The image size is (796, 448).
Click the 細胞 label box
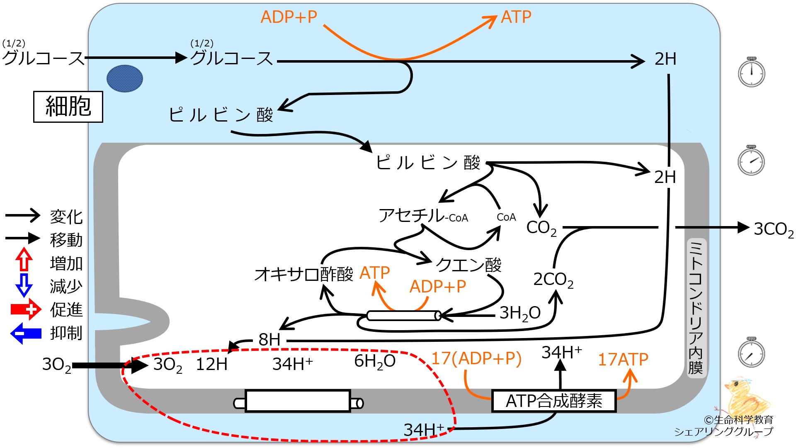tap(68, 107)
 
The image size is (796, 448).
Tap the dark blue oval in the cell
tap(125, 78)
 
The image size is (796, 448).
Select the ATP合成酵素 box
tap(554, 401)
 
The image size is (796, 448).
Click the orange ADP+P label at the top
tap(289, 17)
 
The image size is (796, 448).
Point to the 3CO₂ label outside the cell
tap(774, 229)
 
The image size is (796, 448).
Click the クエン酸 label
tap(468, 265)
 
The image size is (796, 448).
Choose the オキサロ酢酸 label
tap(304, 274)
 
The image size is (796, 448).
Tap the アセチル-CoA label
tap(423, 216)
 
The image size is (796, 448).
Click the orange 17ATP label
tap(623, 359)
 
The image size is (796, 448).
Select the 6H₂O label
tap(375, 361)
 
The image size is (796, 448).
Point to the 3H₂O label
tap(520, 313)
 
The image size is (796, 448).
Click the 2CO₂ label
tap(553, 280)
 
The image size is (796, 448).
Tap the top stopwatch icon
tap(751, 72)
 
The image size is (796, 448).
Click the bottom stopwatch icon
tap(751, 352)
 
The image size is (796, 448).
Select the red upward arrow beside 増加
tap(24, 260)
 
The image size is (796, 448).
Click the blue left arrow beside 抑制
tap(26, 334)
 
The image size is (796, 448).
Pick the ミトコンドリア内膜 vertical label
tap(695, 307)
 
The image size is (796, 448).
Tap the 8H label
tap(269, 340)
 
